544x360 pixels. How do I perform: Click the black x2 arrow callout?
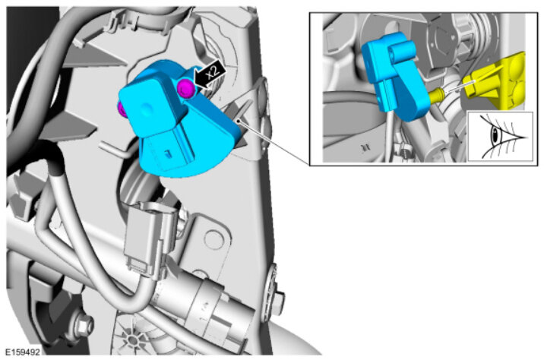pyautogui.click(x=210, y=74)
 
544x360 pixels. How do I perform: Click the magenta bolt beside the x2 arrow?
pyautogui.click(x=185, y=87)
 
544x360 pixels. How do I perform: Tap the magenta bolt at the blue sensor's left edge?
pyautogui.click(x=121, y=109)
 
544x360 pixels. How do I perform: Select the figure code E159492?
pyautogui.click(x=23, y=352)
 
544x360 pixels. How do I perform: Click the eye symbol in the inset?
pyautogui.click(x=500, y=137)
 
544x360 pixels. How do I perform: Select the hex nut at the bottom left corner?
pyautogui.click(x=82, y=324)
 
